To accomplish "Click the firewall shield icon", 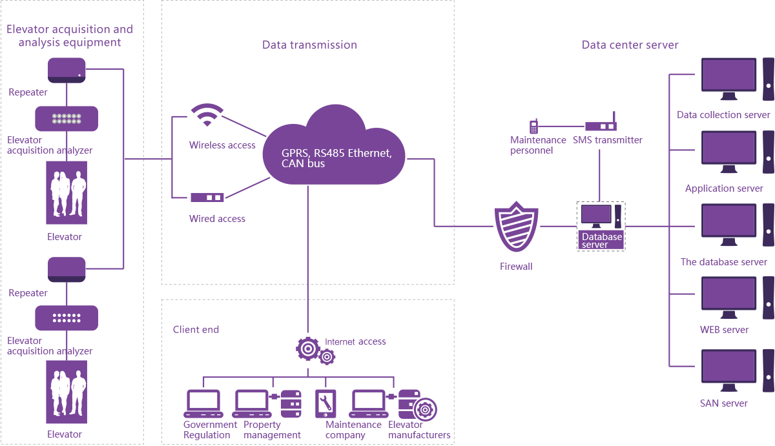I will click(517, 227).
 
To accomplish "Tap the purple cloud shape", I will click(335, 148).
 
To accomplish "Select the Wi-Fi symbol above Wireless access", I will click(207, 116).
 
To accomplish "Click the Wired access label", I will click(217, 219).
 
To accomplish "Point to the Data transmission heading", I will click(309, 45).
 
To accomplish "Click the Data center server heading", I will click(630, 45).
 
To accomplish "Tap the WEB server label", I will click(724, 330).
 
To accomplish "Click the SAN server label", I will click(723, 403).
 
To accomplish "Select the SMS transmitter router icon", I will click(601, 127).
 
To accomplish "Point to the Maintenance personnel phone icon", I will click(534, 127).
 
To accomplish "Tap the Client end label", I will click(196, 330).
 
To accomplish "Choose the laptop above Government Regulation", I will click(203, 404).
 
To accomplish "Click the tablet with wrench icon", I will click(324, 404).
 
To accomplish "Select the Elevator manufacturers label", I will click(419, 430).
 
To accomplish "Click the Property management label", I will click(272, 430).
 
